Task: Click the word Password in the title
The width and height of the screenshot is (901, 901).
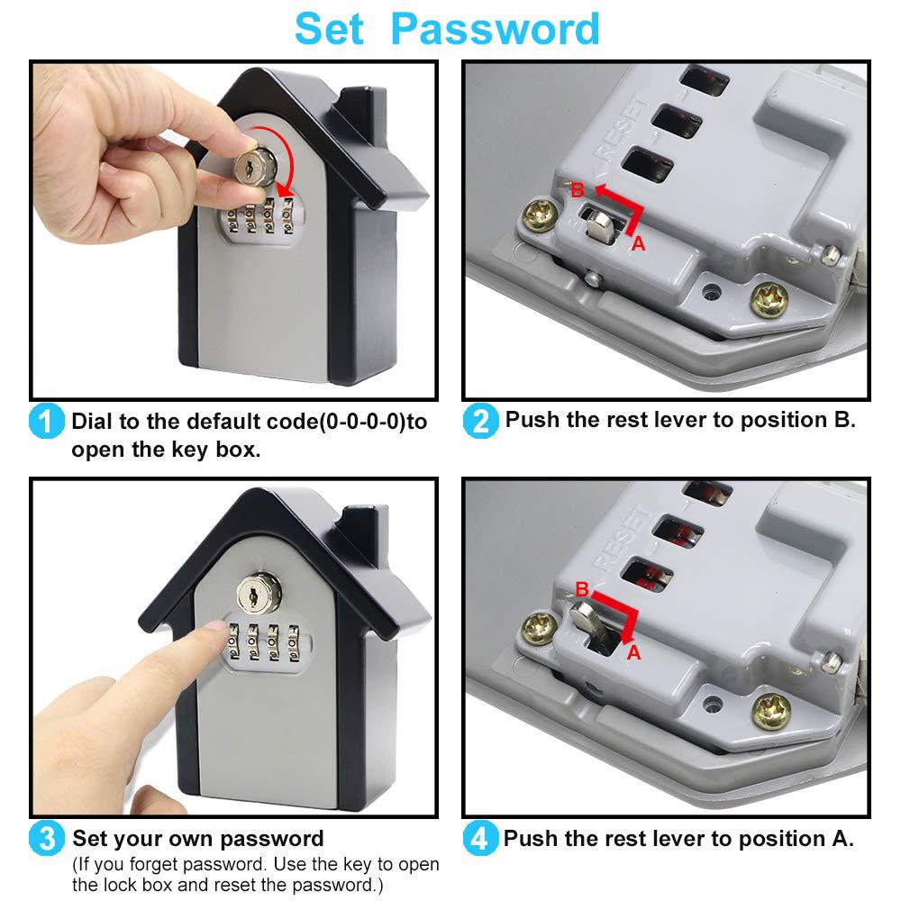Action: pos(496,29)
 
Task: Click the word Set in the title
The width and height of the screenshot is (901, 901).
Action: pos(329,29)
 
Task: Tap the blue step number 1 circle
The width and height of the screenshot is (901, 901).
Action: pos(46,422)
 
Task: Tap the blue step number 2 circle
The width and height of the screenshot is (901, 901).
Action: pos(480,421)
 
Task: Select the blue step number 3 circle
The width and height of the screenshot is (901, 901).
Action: pos(46,840)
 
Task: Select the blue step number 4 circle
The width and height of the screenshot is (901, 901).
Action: pos(480,840)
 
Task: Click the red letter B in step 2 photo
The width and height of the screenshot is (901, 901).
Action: pos(578,189)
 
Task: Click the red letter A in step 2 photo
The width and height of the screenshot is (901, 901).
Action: pos(638,244)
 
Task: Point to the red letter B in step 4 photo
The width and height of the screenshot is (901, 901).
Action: pos(582,589)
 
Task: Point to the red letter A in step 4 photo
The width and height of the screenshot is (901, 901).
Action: pos(633,652)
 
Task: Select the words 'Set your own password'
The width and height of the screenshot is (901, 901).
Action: pos(197,840)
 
